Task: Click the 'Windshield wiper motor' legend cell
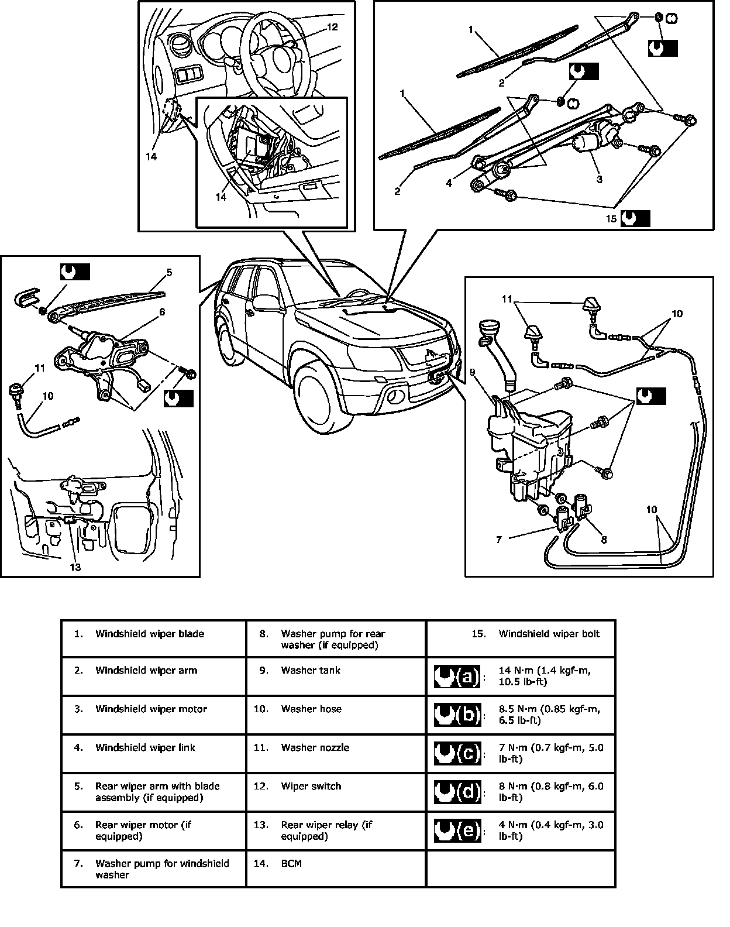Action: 151,709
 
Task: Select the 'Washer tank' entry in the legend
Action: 311,670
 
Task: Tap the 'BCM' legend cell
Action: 291,863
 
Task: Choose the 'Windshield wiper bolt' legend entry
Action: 549,634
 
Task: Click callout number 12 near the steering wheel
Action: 332,27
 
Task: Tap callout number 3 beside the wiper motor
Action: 599,180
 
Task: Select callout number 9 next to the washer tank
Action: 473,371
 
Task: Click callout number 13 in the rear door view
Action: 75,566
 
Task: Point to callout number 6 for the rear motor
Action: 162,312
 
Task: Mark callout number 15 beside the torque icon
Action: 611,219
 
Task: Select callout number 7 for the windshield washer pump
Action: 499,540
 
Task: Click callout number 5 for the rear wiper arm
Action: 169,272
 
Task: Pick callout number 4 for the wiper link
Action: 449,183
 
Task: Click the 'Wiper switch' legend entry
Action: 311,786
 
